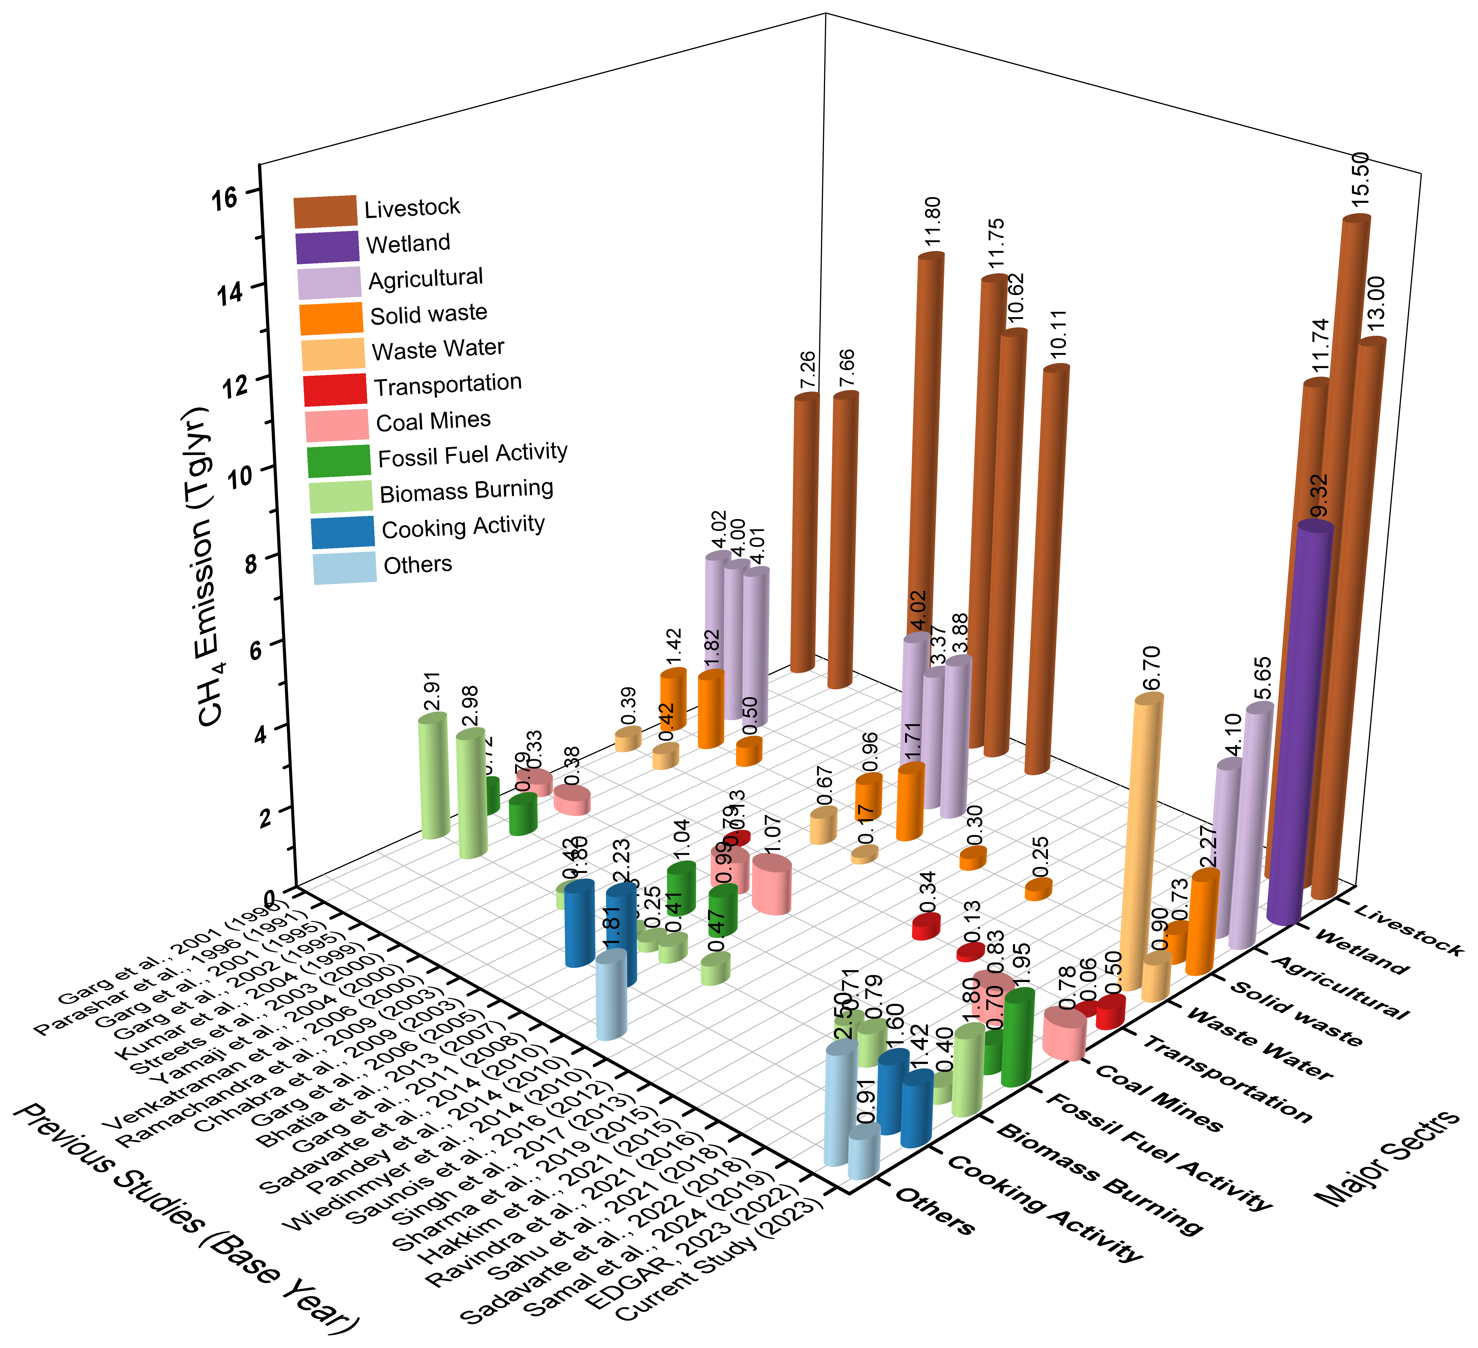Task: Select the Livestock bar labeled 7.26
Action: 803,535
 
